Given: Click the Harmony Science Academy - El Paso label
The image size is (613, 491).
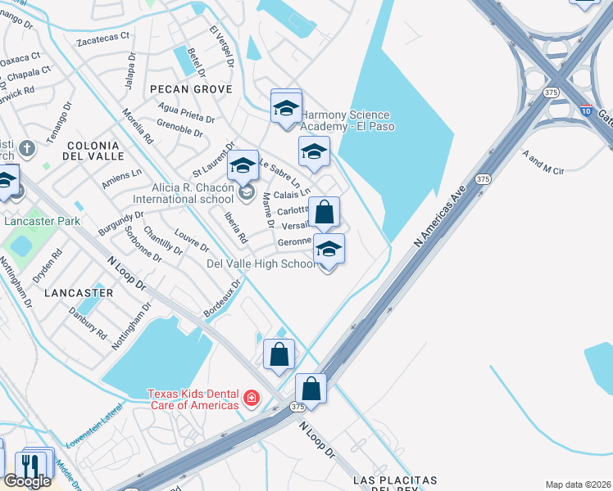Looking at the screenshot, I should coord(347,121).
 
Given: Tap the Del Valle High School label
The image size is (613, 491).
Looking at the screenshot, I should coord(261,264).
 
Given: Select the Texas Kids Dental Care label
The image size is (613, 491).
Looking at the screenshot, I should coord(193,399).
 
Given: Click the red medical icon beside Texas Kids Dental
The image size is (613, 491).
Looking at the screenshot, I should coord(252,399).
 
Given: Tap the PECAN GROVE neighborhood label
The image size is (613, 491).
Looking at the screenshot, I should coord(191,88).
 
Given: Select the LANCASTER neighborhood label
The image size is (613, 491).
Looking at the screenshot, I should coord(79,292).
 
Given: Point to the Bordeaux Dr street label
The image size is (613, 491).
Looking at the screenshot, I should coord(222,300).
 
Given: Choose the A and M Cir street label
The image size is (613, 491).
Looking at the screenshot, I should coord(543,164).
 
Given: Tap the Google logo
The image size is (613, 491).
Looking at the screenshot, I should coord(27,481).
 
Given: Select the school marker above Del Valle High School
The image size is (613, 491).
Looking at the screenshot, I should coord(329,249).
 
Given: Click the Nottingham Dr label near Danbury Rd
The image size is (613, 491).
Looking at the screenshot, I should coord(132,327).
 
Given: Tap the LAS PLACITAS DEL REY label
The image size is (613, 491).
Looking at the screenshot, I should coord(394,484).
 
